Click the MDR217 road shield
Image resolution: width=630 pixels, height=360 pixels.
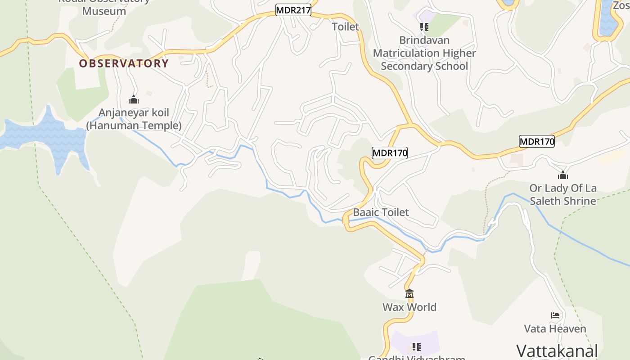coord(293,10)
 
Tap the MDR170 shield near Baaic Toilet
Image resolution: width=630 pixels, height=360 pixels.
coord(390,153)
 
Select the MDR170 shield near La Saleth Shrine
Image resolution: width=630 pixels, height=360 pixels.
coord(536,141)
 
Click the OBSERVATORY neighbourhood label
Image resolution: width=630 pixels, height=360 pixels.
coord(124,63)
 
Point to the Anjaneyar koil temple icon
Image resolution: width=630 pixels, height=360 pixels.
coord(134,99)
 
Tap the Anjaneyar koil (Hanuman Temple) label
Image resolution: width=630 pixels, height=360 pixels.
coord(134,119)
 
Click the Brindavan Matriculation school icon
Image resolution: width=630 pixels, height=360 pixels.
coord(424,27)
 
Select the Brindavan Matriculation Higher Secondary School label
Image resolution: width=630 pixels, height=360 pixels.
coord(424,53)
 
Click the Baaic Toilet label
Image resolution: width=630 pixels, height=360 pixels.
coord(381,212)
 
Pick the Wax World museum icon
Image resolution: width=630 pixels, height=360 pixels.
coord(409,294)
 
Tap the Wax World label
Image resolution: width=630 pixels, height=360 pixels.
coord(409,307)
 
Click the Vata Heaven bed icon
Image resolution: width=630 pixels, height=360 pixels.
coord(555,315)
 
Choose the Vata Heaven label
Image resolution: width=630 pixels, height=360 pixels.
coord(555,329)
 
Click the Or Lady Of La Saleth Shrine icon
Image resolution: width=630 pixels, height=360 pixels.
coord(563,175)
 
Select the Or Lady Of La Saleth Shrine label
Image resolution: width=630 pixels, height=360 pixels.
coord(563,194)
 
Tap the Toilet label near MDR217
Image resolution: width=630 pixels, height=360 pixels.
coord(346,27)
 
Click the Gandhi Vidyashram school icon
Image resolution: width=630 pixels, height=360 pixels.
coord(417,347)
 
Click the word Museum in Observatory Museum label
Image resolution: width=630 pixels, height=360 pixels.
coord(104,11)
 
